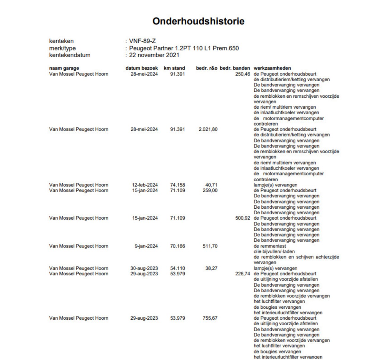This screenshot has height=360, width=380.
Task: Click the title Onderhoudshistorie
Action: coord(198,21)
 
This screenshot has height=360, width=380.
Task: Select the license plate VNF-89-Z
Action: coord(142,41)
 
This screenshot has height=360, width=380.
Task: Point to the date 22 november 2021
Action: coord(154,55)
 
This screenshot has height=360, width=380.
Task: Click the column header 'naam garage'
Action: coord(64,68)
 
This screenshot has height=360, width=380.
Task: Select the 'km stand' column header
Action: coord(174,68)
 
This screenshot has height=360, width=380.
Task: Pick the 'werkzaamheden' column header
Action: coord(272,68)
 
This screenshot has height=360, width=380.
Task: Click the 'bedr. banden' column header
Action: coord(235,68)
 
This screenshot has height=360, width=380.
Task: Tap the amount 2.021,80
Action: coord(208,129)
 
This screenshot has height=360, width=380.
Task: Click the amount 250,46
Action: coord(243,74)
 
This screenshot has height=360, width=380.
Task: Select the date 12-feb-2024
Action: coord(145,185)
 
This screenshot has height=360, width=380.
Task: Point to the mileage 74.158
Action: coord(177,185)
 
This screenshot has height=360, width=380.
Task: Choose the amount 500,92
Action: coord(243,218)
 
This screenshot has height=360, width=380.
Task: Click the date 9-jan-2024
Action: coord(146,246)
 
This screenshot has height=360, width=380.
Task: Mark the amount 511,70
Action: coord(210,246)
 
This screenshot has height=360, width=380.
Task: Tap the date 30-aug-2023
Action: coord(144,268)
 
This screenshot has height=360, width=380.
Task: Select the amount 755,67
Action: coord(210,318)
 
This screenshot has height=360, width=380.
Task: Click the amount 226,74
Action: coord(243,274)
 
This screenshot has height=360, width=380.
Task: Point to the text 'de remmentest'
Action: coord(270,246)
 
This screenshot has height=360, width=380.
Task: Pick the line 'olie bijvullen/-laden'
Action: coord(274,251)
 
